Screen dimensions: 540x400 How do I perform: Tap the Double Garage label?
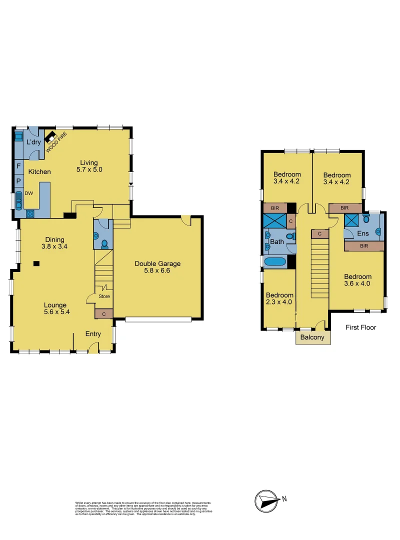(157, 264)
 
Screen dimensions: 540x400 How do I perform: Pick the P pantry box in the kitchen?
(18, 180)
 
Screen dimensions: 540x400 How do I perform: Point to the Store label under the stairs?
(103, 296)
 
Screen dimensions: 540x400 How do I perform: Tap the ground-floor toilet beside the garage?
(104, 244)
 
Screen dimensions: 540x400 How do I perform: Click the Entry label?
(93, 334)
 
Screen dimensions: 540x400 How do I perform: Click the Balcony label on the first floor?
(313, 337)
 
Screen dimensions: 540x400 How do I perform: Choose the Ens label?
(363, 233)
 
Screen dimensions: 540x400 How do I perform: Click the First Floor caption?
(361, 327)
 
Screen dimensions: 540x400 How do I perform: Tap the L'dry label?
(33, 142)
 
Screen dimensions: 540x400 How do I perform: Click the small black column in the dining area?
(36, 263)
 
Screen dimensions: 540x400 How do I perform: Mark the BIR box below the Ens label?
(364, 246)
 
